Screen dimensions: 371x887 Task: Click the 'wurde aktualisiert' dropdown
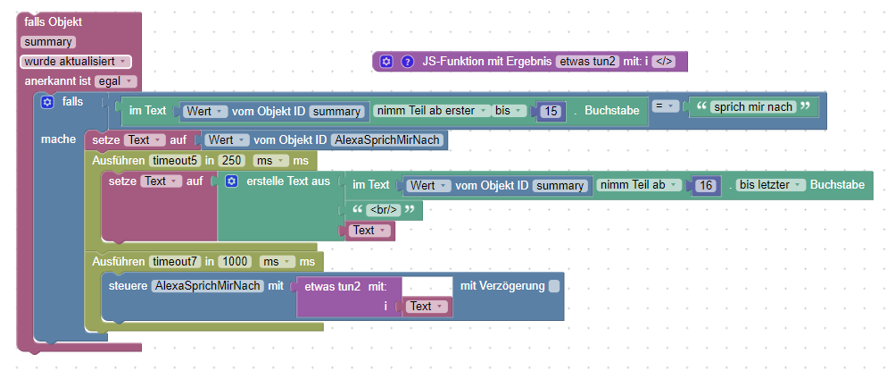[75, 62]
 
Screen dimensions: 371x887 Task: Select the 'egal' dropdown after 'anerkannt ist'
[115, 81]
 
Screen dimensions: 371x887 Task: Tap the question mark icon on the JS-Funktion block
[407, 62]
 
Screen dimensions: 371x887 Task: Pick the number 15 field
[551, 112]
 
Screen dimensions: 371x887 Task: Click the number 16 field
[706, 185]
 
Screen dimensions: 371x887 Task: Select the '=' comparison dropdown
[665, 106]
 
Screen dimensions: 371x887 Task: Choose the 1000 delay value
[236, 262]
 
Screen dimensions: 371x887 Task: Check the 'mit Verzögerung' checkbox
[554, 286]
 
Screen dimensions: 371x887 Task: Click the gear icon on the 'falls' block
[47, 102]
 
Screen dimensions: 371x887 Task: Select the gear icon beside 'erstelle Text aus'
[232, 181]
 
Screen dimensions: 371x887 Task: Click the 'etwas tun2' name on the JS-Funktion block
[588, 62]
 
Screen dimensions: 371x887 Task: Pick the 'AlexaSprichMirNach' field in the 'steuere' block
[207, 286]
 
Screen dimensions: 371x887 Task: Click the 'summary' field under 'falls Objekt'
[49, 42]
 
